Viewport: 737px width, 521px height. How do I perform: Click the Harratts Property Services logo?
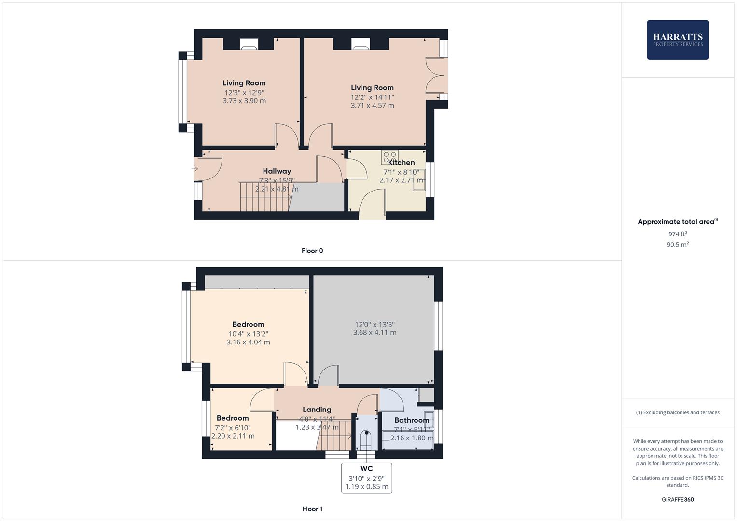tap(678, 40)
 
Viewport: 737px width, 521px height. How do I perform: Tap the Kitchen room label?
tap(401, 163)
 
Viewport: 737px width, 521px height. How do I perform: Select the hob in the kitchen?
tap(389, 157)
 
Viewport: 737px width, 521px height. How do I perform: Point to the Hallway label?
tap(277, 171)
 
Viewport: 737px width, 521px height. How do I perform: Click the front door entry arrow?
tap(195, 169)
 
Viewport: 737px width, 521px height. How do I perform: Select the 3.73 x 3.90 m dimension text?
tap(244, 101)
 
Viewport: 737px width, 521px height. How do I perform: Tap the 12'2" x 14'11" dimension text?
tap(372, 97)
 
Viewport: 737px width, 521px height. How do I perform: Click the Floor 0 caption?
tap(312, 251)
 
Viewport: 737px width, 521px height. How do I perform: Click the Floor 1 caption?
tap(312, 509)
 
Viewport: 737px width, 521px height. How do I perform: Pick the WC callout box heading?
tap(366, 469)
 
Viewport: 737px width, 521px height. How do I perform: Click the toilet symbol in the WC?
tap(365, 439)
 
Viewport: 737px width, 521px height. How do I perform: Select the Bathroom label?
tap(411, 420)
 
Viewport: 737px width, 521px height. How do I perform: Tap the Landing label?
tap(317, 410)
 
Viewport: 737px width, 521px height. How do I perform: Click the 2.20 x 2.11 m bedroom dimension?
tap(233, 436)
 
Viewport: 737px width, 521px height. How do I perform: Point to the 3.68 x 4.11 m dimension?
tap(375, 332)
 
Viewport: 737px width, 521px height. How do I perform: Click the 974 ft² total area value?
tap(678, 234)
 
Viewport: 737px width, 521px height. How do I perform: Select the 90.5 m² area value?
tap(678, 245)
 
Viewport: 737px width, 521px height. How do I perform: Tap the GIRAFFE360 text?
tap(678, 500)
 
